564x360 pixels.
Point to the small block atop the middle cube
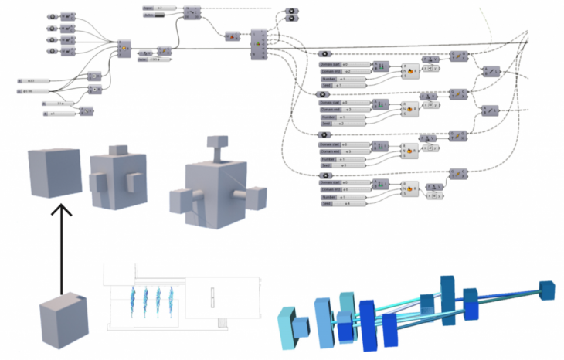tap(119, 149)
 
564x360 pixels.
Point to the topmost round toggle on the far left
tap(51, 15)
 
